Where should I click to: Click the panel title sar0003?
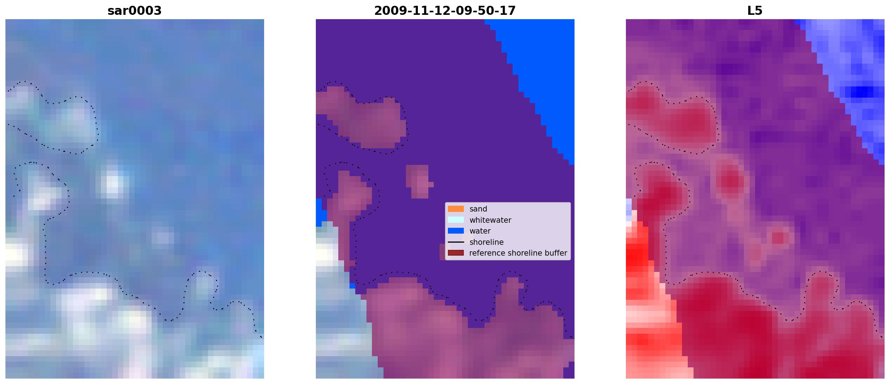(135, 11)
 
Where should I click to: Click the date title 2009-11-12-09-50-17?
(445, 11)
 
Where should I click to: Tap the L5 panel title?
(755, 11)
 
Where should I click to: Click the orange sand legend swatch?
(456, 209)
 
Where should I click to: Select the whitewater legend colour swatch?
(456, 220)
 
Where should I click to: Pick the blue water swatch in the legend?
(456, 231)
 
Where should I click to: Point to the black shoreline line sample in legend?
(456, 242)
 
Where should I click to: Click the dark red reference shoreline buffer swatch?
(456, 253)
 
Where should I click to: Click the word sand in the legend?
(478, 209)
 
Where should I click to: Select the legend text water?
(480, 231)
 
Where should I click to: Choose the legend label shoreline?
(487, 242)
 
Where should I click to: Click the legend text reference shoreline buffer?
(518, 253)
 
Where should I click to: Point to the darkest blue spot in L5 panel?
(863, 91)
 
